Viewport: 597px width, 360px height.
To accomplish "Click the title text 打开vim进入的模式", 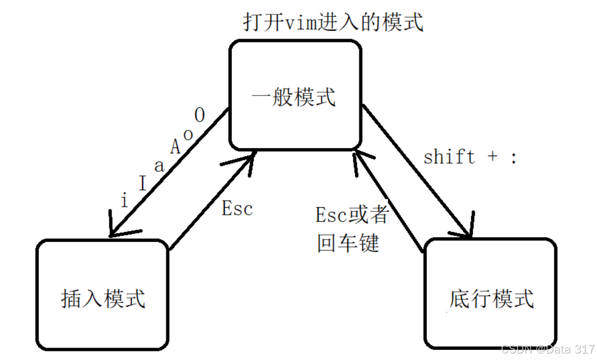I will [x=333, y=22].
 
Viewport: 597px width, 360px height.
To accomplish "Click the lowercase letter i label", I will [x=124, y=201].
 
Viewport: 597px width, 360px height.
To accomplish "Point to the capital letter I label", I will [x=142, y=184].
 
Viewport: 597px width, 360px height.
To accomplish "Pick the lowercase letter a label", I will [x=159, y=166].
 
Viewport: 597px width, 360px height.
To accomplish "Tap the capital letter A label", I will [x=175, y=146].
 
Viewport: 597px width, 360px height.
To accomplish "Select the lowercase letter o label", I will [x=188, y=134].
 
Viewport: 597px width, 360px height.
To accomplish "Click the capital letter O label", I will [x=200, y=115].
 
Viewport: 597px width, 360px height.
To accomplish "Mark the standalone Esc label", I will [x=237, y=209].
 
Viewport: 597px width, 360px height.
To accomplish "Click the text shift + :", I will [x=470, y=157].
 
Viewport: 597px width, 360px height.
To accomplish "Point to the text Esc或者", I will [x=352, y=215].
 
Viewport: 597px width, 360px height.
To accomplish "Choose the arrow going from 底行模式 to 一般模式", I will [x=386, y=201].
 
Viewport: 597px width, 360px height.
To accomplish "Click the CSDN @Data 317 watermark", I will [x=547, y=349].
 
